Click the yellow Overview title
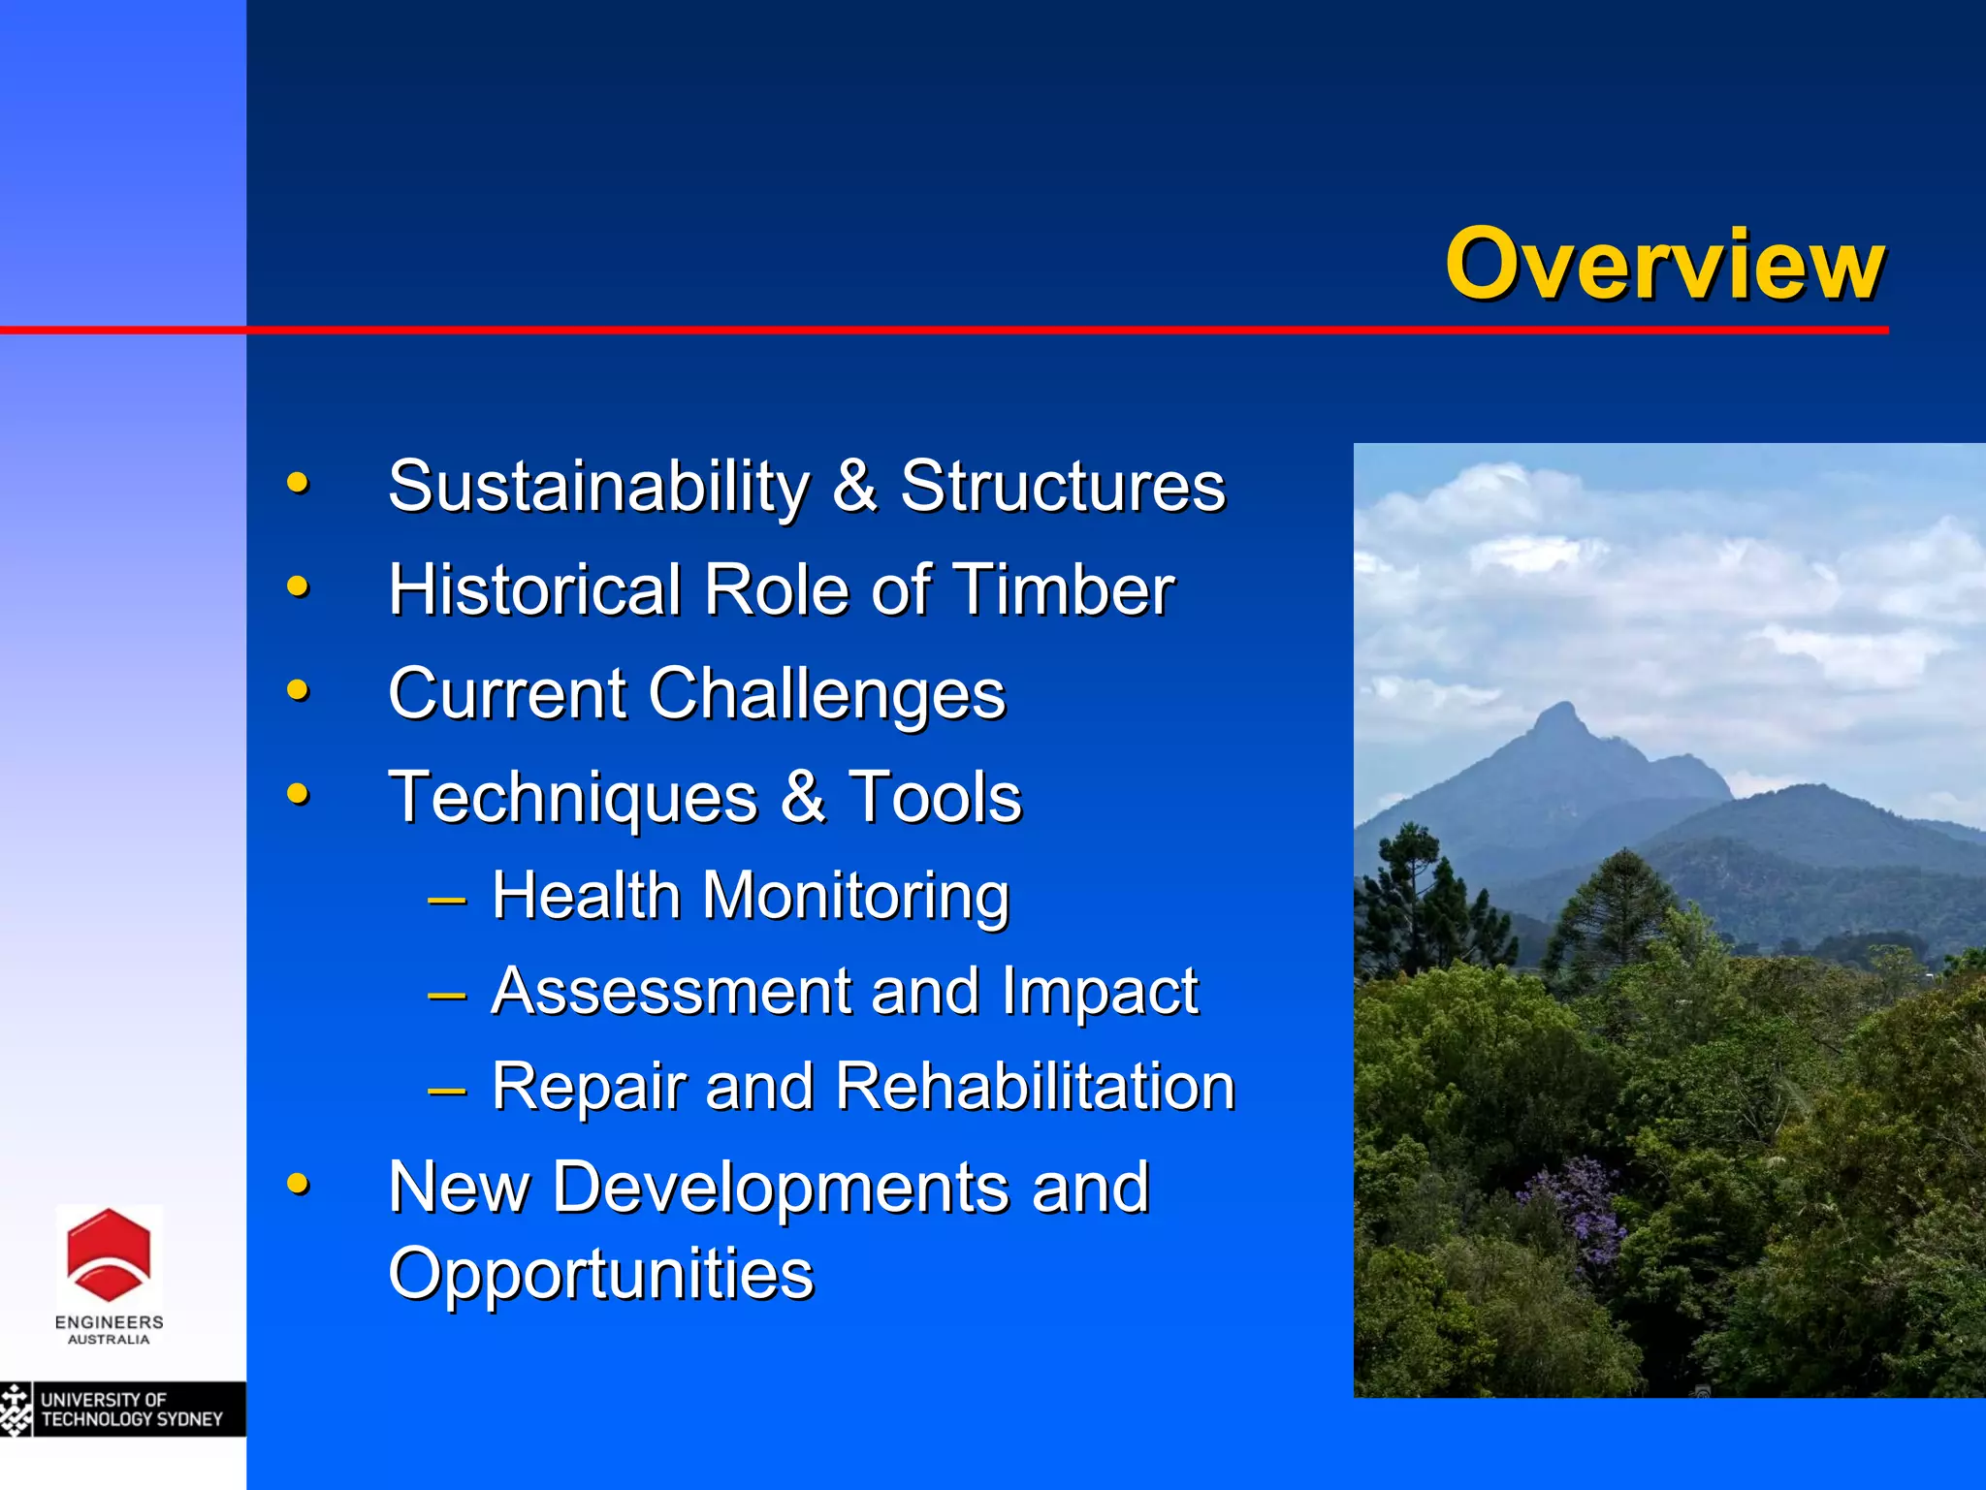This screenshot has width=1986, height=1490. pos(1664,264)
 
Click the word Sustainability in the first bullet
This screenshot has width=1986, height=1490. pos(598,486)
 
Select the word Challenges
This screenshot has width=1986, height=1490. pos(827,695)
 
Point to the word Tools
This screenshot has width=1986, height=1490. pos(935,797)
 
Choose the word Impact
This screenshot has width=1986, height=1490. pos(1100,992)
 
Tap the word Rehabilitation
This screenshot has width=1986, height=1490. pos(1035,1086)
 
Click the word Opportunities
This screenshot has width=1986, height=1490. pos(600,1274)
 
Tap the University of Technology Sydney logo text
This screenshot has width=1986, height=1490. pos(131,1410)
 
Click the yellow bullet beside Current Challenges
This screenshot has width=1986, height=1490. pos(298,691)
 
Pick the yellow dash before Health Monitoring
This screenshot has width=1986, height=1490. pos(447,899)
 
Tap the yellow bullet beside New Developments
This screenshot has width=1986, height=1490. pos(298,1184)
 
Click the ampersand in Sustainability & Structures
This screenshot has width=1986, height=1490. pos(854,486)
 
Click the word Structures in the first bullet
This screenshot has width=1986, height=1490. pos(1063,486)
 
